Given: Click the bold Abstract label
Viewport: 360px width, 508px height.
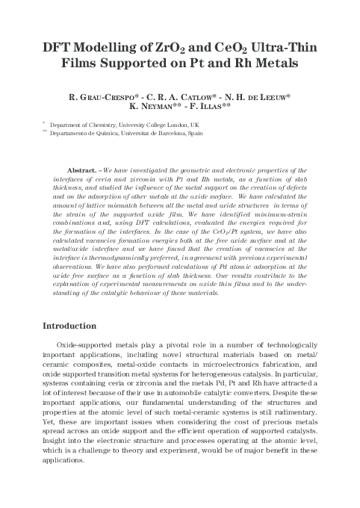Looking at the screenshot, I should point(82,170).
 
